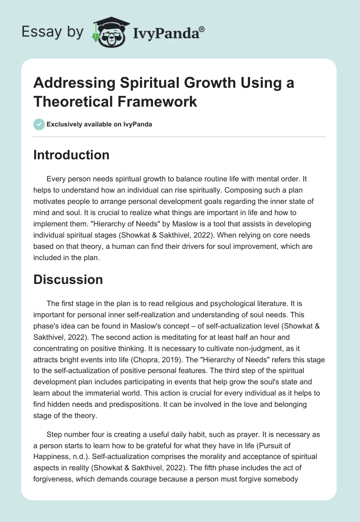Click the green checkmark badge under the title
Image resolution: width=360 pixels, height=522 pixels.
39,124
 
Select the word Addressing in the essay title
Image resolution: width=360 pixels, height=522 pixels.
74,84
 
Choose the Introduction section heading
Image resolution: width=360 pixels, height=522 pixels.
71,155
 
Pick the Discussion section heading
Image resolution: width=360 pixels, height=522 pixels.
68,279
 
